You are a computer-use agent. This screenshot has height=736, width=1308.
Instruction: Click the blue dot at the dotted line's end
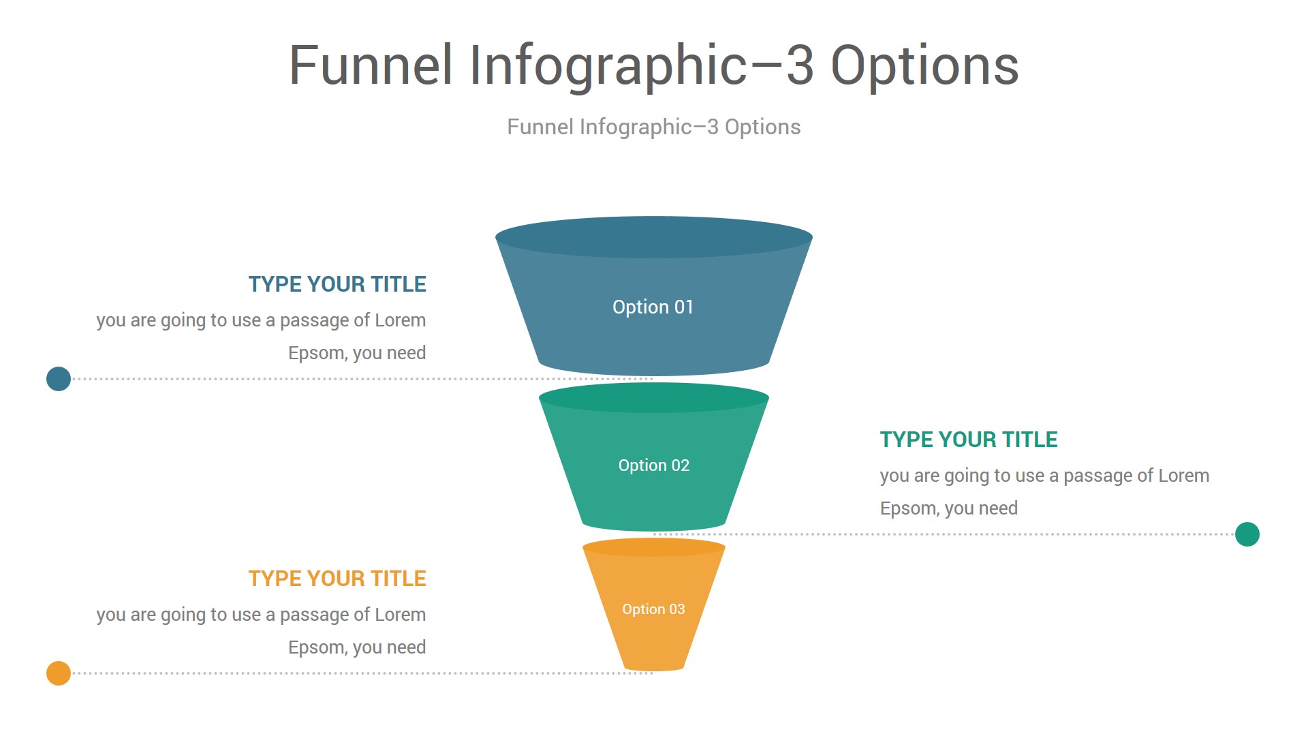coord(59,379)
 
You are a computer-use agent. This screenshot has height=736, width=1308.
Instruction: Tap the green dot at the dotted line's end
coord(1247,534)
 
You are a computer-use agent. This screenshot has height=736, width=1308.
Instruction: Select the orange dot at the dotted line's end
coord(59,673)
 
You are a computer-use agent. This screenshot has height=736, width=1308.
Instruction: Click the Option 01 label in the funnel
coord(653,307)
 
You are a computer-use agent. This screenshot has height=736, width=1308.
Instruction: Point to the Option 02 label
coord(654,465)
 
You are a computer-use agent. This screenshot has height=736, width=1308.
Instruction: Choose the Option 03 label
coord(653,609)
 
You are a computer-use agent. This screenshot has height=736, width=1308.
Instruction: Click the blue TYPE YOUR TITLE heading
coord(337,284)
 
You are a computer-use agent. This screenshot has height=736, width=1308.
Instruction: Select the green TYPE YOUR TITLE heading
coord(969,440)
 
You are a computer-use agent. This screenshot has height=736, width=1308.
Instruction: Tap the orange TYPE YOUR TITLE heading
coord(337,579)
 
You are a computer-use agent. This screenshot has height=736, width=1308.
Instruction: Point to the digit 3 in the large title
coord(800,65)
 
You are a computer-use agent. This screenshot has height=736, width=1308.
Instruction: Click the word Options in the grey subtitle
coord(762,127)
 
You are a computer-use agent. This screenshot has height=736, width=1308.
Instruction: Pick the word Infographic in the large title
coord(609,66)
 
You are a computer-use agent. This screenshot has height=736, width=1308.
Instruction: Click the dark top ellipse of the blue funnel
coord(654,237)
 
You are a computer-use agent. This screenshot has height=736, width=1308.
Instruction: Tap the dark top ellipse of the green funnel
coord(654,397)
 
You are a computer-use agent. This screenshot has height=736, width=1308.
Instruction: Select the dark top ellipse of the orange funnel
coord(654,547)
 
